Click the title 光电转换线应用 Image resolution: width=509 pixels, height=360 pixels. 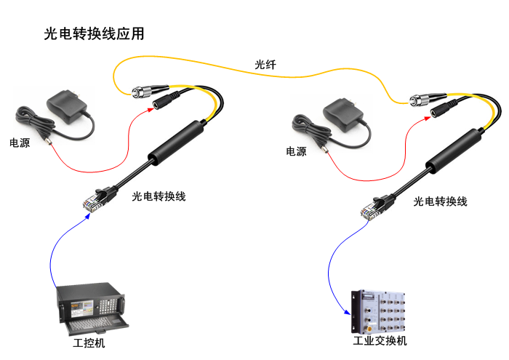pos(94,33)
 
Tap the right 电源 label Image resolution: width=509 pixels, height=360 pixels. pos(296,152)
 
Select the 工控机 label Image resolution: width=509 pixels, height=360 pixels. pos(89,343)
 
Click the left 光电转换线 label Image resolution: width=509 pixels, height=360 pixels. pos(159,196)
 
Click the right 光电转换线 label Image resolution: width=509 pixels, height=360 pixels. pos(440,201)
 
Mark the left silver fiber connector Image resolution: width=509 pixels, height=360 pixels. pos(142,92)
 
